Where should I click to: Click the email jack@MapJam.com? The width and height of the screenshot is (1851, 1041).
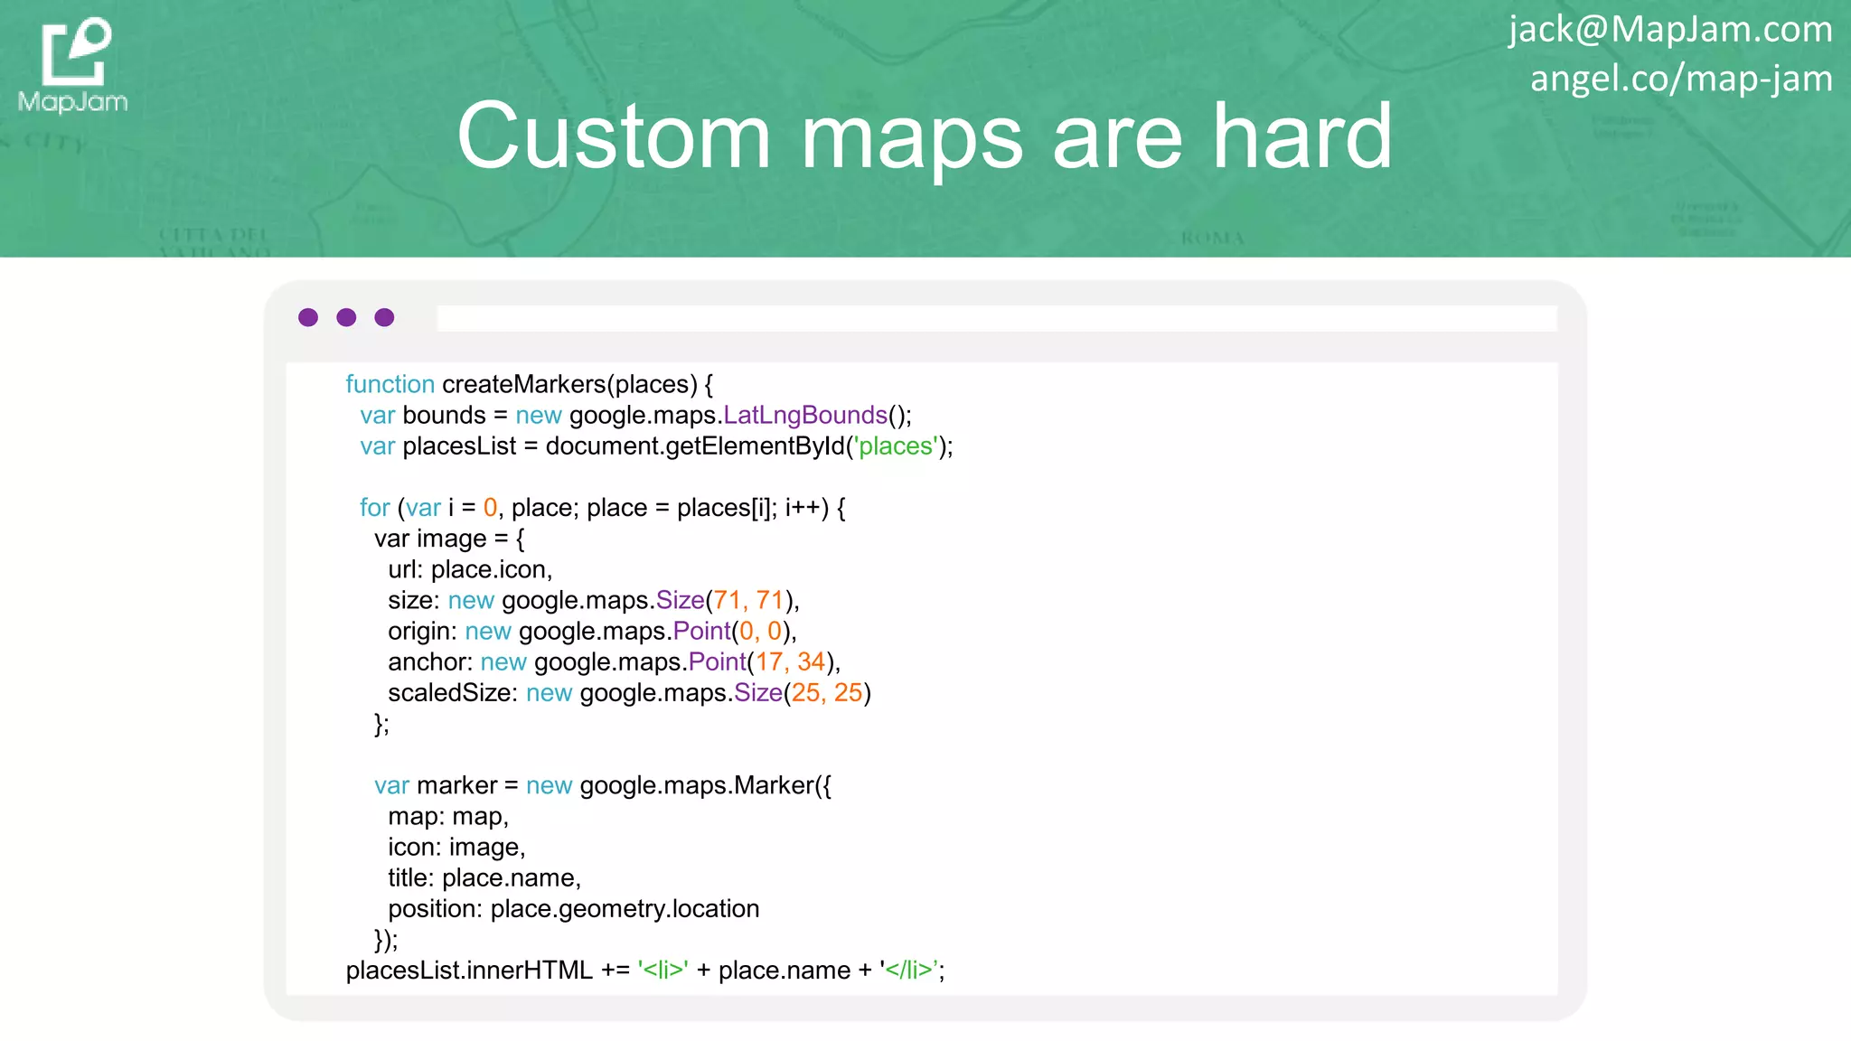1669,29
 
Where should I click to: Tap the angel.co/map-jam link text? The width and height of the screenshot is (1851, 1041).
1680,79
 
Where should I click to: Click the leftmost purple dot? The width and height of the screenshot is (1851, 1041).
308,317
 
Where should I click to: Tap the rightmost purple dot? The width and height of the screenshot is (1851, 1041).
384,317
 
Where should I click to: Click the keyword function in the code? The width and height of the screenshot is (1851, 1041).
390,384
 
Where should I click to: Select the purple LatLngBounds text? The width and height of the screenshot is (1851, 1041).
805,415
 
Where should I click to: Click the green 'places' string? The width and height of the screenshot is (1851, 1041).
896,445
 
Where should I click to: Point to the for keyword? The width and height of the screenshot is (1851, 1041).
374,508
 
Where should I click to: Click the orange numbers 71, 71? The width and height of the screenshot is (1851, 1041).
748,600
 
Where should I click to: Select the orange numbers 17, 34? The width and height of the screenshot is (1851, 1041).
790,661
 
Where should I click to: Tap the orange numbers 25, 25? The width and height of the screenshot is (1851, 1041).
826,693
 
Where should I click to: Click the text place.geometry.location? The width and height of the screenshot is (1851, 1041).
625,909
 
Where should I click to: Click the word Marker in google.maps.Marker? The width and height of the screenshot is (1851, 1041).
774,785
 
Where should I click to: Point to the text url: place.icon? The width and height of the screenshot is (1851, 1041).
469,569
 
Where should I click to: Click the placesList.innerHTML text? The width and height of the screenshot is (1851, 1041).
469,971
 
